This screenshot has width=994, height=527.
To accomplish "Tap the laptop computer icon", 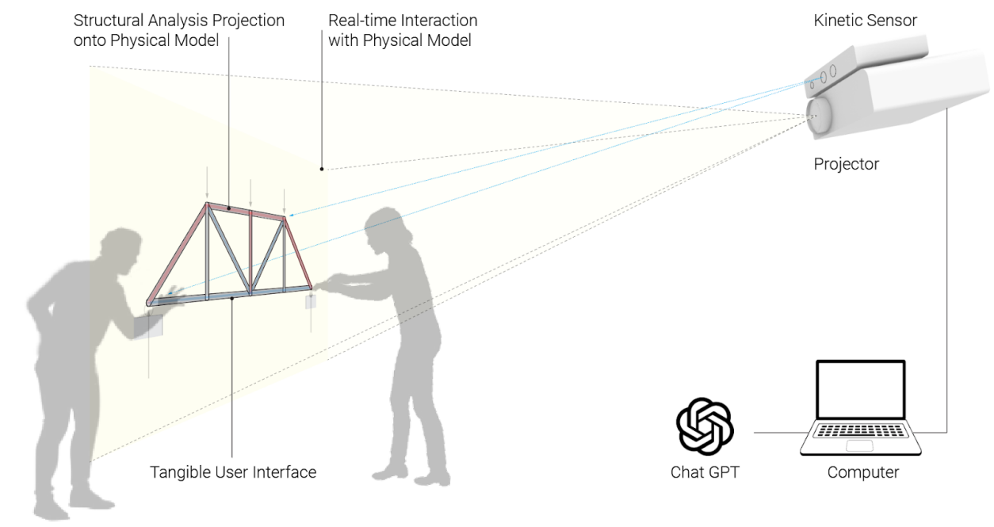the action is [861, 408].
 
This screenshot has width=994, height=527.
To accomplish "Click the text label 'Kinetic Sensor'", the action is [865, 21].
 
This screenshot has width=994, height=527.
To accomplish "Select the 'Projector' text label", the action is [847, 165].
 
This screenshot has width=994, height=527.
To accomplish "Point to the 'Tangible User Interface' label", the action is [233, 472].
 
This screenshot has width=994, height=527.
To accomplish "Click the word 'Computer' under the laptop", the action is [863, 472].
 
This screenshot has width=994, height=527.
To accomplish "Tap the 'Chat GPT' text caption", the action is [705, 472].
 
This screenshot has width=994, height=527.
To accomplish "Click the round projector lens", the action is [820, 115].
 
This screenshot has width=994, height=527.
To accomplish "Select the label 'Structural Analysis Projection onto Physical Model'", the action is [179, 29].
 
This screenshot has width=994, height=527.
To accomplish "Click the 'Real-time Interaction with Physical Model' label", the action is [403, 29].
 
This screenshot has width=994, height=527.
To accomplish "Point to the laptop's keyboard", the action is [860, 433].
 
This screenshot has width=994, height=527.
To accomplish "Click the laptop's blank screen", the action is [861, 390].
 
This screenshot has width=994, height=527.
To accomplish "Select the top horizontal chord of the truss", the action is [246, 211].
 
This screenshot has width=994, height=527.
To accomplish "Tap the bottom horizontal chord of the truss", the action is [230, 296].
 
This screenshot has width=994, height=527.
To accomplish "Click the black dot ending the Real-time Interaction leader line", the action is [322, 168].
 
